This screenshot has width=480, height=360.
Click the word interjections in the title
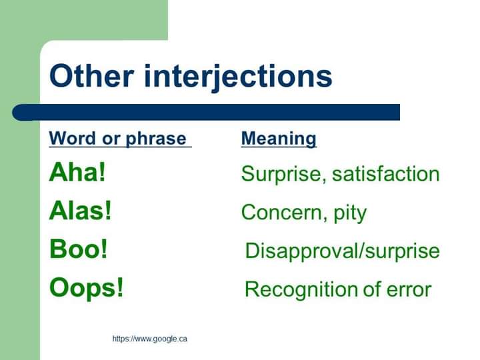[x=238, y=76]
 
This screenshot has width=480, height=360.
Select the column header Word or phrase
[x=120, y=139]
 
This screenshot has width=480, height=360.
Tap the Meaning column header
[x=279, y=139]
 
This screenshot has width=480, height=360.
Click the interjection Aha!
[x=77, y=173]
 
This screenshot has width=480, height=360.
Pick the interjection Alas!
[x=80, y=212]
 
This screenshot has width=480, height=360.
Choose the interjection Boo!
[x=78, y=250]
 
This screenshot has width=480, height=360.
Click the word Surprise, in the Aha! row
[x=283, y=174]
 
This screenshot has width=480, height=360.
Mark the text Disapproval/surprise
[x=342, y=251]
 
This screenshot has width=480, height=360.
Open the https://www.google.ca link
[x=149, y=339]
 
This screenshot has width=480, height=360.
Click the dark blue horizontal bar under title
[x=213, y=112]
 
